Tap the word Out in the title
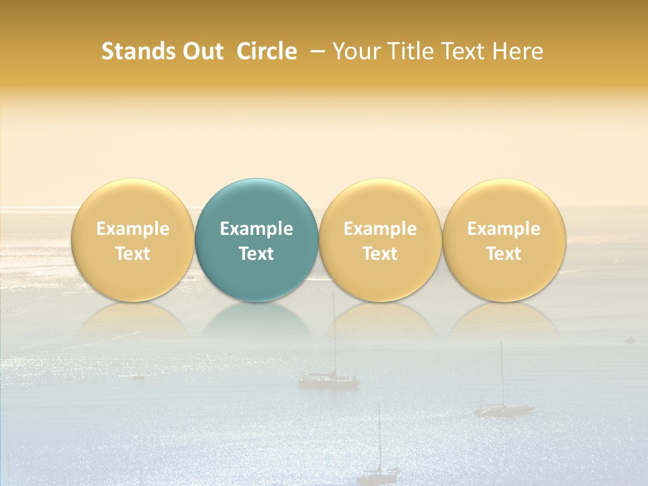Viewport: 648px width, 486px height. coord(203,51)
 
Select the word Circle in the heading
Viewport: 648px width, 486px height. coord(267,51)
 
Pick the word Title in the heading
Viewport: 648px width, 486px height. coord(411,51)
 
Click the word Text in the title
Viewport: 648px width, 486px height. coord(464,51)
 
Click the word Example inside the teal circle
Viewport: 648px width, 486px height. coord(256,229)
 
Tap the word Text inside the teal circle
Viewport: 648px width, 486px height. coord(256,254)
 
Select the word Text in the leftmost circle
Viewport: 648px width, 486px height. coord(133,254)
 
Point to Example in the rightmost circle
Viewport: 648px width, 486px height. coord(504,229)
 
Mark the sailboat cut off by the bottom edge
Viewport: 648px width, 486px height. coord(378,466)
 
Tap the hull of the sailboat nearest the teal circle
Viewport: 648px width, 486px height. coord(329,382)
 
